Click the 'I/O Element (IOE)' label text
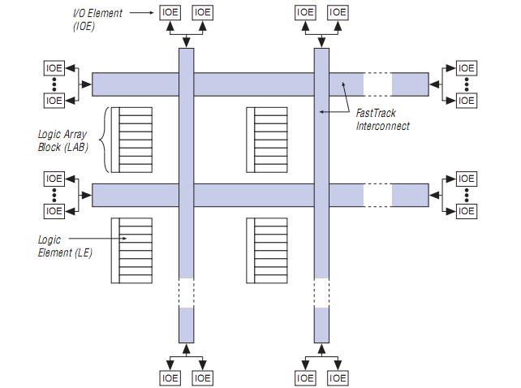(x=96, y=19)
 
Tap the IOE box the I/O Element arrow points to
(x=170, y=12)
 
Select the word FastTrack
(x=375, y=114)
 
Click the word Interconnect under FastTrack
(x=382, y=126)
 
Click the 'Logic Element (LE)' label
(x=64, y=246)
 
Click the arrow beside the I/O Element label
(x=141, y=12)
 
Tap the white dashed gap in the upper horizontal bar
(x=377, y=84)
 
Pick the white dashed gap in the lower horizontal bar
(x=377, y=195)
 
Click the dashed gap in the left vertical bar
(x=186, y=292)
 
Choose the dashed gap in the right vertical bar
(x=321, y=292)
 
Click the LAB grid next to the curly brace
(x=131, y=140)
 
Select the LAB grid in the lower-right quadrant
(x=266, y=250)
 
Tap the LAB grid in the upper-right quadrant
(x=266, y=140)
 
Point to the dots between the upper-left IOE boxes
(x=54, y=84)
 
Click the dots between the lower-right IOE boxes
(x=466, y=195)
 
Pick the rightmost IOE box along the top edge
(x=338, y=12)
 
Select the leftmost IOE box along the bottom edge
(x=170, y=377)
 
